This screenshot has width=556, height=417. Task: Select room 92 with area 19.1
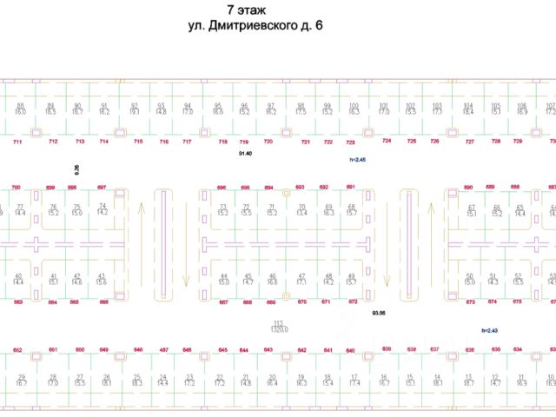[x=134, y=109]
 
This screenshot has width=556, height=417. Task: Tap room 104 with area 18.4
[x=468, y=109]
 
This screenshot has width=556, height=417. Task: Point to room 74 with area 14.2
[x=103, y=208]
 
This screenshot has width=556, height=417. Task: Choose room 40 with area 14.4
[x=18, y=279]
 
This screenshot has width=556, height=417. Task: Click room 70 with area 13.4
[x=301, y=209]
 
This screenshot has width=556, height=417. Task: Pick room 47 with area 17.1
[x=301, y=279]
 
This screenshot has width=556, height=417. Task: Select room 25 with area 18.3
[x=136, y=380]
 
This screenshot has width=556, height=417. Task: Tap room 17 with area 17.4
[x=354, y=380]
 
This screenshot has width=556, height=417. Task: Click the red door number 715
[x=138, y=141]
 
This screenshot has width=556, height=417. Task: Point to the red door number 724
[x=387, y=141]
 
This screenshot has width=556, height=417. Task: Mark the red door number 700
[x=16, y=187]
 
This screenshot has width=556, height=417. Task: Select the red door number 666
[x=103, y=301]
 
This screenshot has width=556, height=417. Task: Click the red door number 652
[x=17, y=350]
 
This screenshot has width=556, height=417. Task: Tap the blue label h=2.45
[x=357, y=160]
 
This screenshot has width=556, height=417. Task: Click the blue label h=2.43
[x=490, y=330]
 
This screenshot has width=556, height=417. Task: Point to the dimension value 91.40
[x=244, y=153]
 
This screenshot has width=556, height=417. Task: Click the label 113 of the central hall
[x=278, y=322]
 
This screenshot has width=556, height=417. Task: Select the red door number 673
[x=470, y=301]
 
